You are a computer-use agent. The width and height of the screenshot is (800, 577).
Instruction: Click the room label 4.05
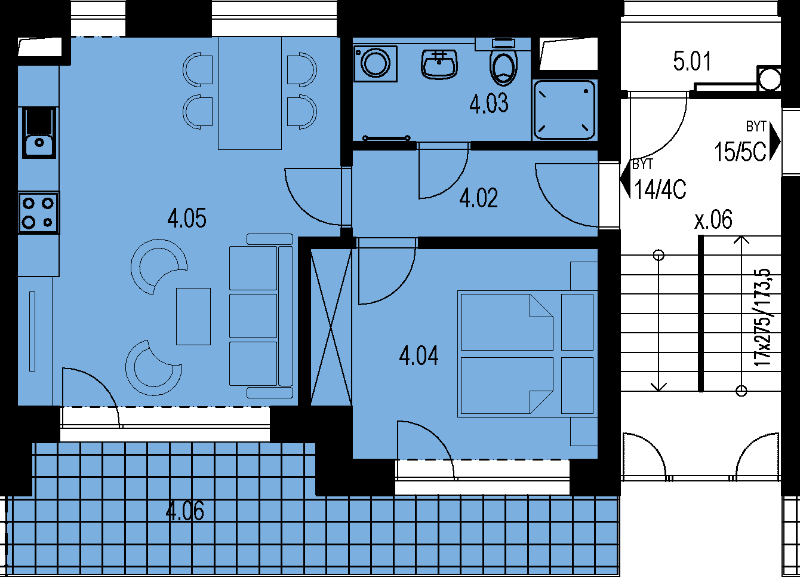187,218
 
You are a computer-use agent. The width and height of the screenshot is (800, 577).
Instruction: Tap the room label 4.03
489,103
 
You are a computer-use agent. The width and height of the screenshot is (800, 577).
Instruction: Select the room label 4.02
479,198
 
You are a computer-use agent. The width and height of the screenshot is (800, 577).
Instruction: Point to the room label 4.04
419,356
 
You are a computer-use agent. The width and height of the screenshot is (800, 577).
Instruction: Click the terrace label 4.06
185,511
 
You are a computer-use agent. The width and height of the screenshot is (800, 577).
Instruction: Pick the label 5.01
692,61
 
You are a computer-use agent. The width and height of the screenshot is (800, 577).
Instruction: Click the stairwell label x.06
713,219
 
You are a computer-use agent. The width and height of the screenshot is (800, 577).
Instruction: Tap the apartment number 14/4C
660,189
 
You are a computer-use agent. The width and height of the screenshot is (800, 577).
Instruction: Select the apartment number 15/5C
740,152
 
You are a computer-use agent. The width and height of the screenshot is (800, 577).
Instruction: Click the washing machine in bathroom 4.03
376,63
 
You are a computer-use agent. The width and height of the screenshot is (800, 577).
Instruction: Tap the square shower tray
564,110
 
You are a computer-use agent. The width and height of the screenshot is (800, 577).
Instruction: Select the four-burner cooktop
39,213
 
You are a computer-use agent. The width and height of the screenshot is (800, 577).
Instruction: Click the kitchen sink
39,133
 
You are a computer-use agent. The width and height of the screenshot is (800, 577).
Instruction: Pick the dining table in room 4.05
250,93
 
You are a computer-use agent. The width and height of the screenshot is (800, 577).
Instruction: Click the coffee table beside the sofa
193,317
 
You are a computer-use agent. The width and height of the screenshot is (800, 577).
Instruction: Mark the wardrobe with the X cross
331,327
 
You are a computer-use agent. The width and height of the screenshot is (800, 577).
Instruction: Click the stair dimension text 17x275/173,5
762,318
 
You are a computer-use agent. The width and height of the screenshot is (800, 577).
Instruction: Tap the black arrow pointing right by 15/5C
774,142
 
